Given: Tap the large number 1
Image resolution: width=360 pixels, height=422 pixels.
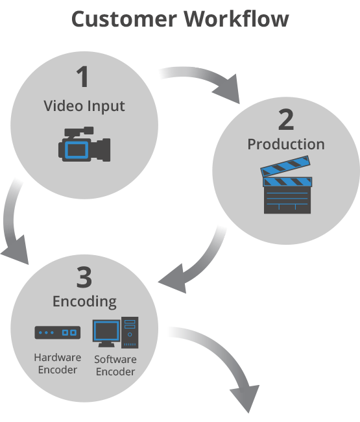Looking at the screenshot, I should tap(83, 77).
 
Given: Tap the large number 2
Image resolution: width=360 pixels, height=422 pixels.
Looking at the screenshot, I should tap(285, 119).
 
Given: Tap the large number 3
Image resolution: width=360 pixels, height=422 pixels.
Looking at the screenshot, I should tap(84, 277).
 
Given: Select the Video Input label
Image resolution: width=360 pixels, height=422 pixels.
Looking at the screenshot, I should tap(84, 105).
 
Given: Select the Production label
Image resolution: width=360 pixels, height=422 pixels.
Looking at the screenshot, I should tap(285, 144).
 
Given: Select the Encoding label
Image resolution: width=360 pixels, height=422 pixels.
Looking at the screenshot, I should tap(84, 302).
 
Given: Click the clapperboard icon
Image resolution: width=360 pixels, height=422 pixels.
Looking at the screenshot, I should tap(286, 188).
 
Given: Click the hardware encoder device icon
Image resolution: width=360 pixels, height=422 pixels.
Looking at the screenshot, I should tap(57, 332).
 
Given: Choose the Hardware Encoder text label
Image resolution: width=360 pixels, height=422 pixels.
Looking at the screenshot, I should tap(57, 364).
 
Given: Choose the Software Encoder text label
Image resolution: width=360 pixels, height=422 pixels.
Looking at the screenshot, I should tap(115, 366).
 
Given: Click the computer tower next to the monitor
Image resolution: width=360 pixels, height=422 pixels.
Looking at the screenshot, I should tap(130, 332).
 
